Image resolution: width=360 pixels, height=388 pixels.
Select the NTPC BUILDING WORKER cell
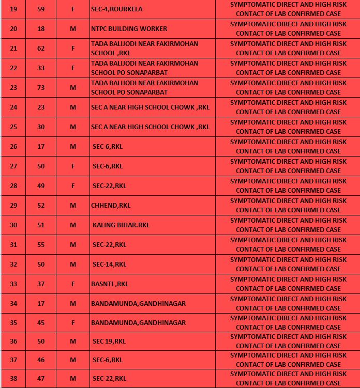pyautogui.click(x=129, y=29)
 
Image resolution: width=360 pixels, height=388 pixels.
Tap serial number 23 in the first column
pyautogui.click(x=13, y=88)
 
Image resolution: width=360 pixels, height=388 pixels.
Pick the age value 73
pyautogui.click(x=41, y=88)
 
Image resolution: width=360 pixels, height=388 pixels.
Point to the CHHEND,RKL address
pyautogui.click(x=111, y=206)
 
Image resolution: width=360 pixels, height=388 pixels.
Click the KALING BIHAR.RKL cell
pyautogui.click(x=121, y=225)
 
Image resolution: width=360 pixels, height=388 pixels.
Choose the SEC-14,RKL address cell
pyautogui.click(x=109, y=265)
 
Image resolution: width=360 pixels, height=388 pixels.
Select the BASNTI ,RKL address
pyautogui.click(x=110, y=284)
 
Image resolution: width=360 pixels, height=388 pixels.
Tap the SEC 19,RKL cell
pyautogui.click(x=109, y=342)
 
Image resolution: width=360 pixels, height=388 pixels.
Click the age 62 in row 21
pyautogui.click(x=41, y=49)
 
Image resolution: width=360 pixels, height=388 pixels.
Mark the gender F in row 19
pyautogui.click(x=73, y=9)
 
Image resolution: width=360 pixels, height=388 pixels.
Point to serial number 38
pyautogui.click(x=13, y=379)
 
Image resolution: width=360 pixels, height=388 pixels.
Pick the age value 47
pyautogui.click(x=41, y=379)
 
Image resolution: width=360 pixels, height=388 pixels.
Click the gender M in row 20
pyautogui.click(x=73, y=29)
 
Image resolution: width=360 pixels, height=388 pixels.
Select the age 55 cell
pyautogui.click(x=41, y=245)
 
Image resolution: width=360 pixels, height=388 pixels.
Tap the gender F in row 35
pyautogui.click(x=73, y=323)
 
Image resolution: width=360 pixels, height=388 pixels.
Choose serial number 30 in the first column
pyautogui.click(x=13, y=225)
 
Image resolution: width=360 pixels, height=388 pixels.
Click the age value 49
pyautogui.click(x=41, y=186)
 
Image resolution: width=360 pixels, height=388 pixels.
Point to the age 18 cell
pyautogui.click(x=41, y=29)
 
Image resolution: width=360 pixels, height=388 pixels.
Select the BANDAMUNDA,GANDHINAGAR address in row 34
pyautogui.click(x=138, y=304)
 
